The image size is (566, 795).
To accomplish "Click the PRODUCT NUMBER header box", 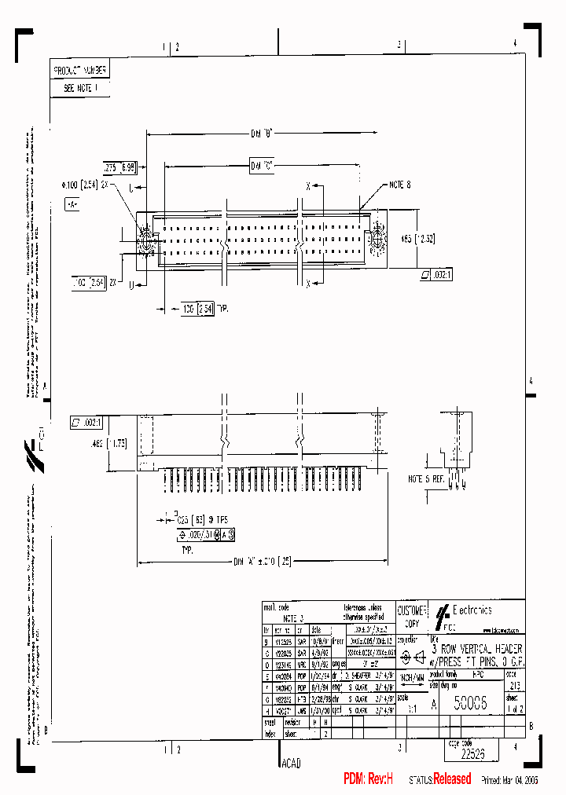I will [79, 70].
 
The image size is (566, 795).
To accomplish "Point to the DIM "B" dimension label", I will [262, 134].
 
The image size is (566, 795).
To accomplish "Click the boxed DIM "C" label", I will [262, 166].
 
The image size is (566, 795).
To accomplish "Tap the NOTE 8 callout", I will [400, 185].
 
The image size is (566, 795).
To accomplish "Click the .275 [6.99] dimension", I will [119, 167].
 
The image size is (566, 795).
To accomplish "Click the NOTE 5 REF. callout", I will [425, 478].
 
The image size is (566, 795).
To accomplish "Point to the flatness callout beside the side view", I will [87, 422].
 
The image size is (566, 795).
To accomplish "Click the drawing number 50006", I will [469, 705].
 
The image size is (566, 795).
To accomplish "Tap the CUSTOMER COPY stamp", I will [411, 615].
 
